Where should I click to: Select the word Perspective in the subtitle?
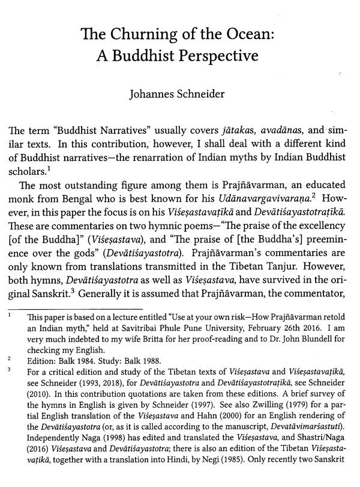[x=215, y=57]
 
